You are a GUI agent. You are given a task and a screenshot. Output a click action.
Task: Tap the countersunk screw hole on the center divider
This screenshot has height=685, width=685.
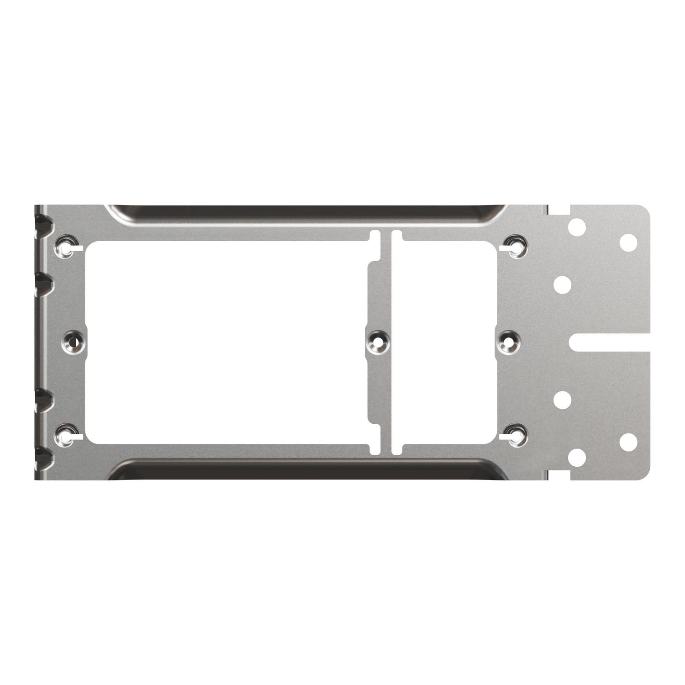(378, 342)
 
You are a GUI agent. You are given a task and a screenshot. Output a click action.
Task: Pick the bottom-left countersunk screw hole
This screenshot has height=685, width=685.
(67, 434)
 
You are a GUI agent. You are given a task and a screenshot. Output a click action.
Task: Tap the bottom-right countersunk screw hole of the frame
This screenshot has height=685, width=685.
(516, 434)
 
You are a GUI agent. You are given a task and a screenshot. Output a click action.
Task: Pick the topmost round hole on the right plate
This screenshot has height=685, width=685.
(577, 227)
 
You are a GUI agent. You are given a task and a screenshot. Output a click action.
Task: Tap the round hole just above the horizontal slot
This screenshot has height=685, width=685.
(563, 285)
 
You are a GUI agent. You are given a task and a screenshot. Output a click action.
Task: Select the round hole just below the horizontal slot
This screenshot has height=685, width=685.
(563, 400)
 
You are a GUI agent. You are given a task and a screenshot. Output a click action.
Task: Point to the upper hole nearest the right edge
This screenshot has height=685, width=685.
(628, 242)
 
